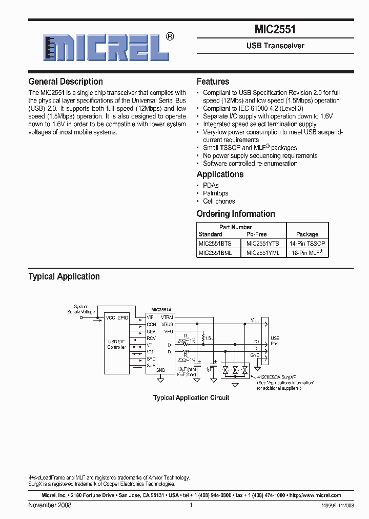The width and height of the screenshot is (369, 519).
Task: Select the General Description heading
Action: pyautogui.click(x=66, y=82)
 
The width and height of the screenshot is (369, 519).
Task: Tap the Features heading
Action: pyautogui.click(x=213, y=82)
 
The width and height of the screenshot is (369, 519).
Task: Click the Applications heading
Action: pyautogui.click(x=220, y=174)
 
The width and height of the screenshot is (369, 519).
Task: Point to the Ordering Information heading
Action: pyautogui.click(x=236, y=214)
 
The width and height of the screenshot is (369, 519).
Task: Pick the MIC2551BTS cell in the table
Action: pyautogui.click(x=215, y=243)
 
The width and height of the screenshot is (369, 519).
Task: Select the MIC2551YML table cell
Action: pyautogui.click(x=263, y=252)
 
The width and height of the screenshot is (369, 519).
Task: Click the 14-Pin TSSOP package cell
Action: pyautogui.click(x=307, y=243)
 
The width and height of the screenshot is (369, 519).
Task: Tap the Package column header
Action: pyautogui.click(x=307, y=234)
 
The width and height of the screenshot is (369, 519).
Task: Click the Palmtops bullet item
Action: pyautogui.click(x=216, y=193)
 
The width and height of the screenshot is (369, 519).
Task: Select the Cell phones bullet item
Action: pyautogui.click(x=219, y=202)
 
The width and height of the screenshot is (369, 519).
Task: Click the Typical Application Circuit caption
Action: pyautogui.click(x=191, y=397)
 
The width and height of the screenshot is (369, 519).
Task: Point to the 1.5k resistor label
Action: pyautogui.click(x=209, y=338)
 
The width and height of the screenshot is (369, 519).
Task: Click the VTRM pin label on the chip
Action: pyautogui.click(x=167, y=317)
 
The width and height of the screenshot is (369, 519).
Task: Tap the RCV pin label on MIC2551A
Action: pyautogui.click(x=151, y=338)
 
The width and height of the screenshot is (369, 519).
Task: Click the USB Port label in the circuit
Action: pyautogui.click(x=275, y=341)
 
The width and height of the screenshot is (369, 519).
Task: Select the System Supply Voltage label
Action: pyautogui.click(x=81, y=309)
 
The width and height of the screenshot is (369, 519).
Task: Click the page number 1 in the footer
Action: pyautogui.click(x=191, y=505)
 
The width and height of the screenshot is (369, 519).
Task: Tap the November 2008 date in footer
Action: pyautogui.click(x=50, y=505)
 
